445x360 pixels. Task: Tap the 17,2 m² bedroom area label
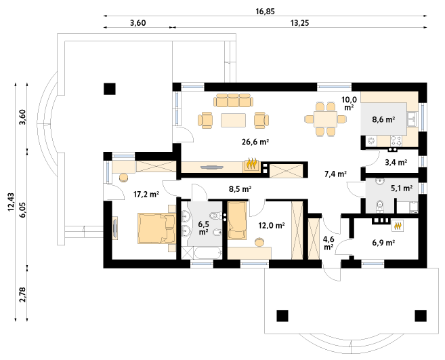[146, 195]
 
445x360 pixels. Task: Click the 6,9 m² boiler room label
[384, 241]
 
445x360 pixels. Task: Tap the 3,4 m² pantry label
[396, 162]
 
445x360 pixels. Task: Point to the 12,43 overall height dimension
[10, 202]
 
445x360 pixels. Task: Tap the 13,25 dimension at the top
[300, 22]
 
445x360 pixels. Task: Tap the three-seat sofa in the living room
[234, 100]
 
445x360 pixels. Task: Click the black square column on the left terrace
[109, 88]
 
